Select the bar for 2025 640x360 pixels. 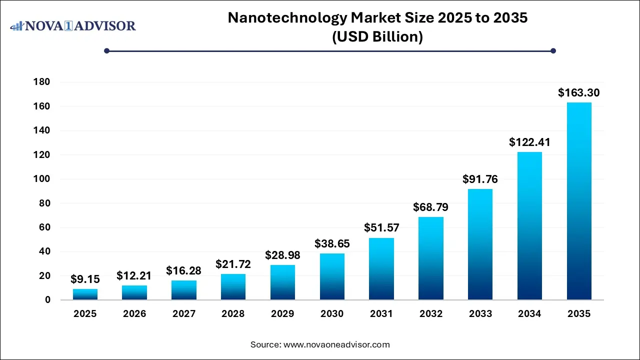pyautogui.click(x=85, y=294)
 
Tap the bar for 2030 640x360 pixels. pyautogui.click(x=332, y=276)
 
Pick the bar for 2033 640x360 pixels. pyautogui.click(x=480, y=244)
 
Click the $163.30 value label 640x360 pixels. pyautogui.click(x=579, y=92)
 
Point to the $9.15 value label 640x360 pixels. pyautogui.click(x=85, y=278)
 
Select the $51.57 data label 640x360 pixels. pyautogui.click(x=381, y=228)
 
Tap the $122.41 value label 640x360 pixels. pyautogui.click(x=529, y=142)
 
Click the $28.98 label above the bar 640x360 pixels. pyautogui.click(x=283, y=255)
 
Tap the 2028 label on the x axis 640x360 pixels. pyautogui.click(x=233, y=314)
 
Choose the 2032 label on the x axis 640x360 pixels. pyautogui.click(x=431, y=314)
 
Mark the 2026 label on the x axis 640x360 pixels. pyautogui.click(x=134, y=314)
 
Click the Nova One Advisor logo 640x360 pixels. pyautogui.click(x=73, y=25)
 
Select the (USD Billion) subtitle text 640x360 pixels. pyautogui.click(x=377, y=37)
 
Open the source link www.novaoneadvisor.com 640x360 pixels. pyautogui.click(x=336, y=344)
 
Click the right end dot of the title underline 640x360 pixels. pyautogui.click(x=553, y=50)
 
